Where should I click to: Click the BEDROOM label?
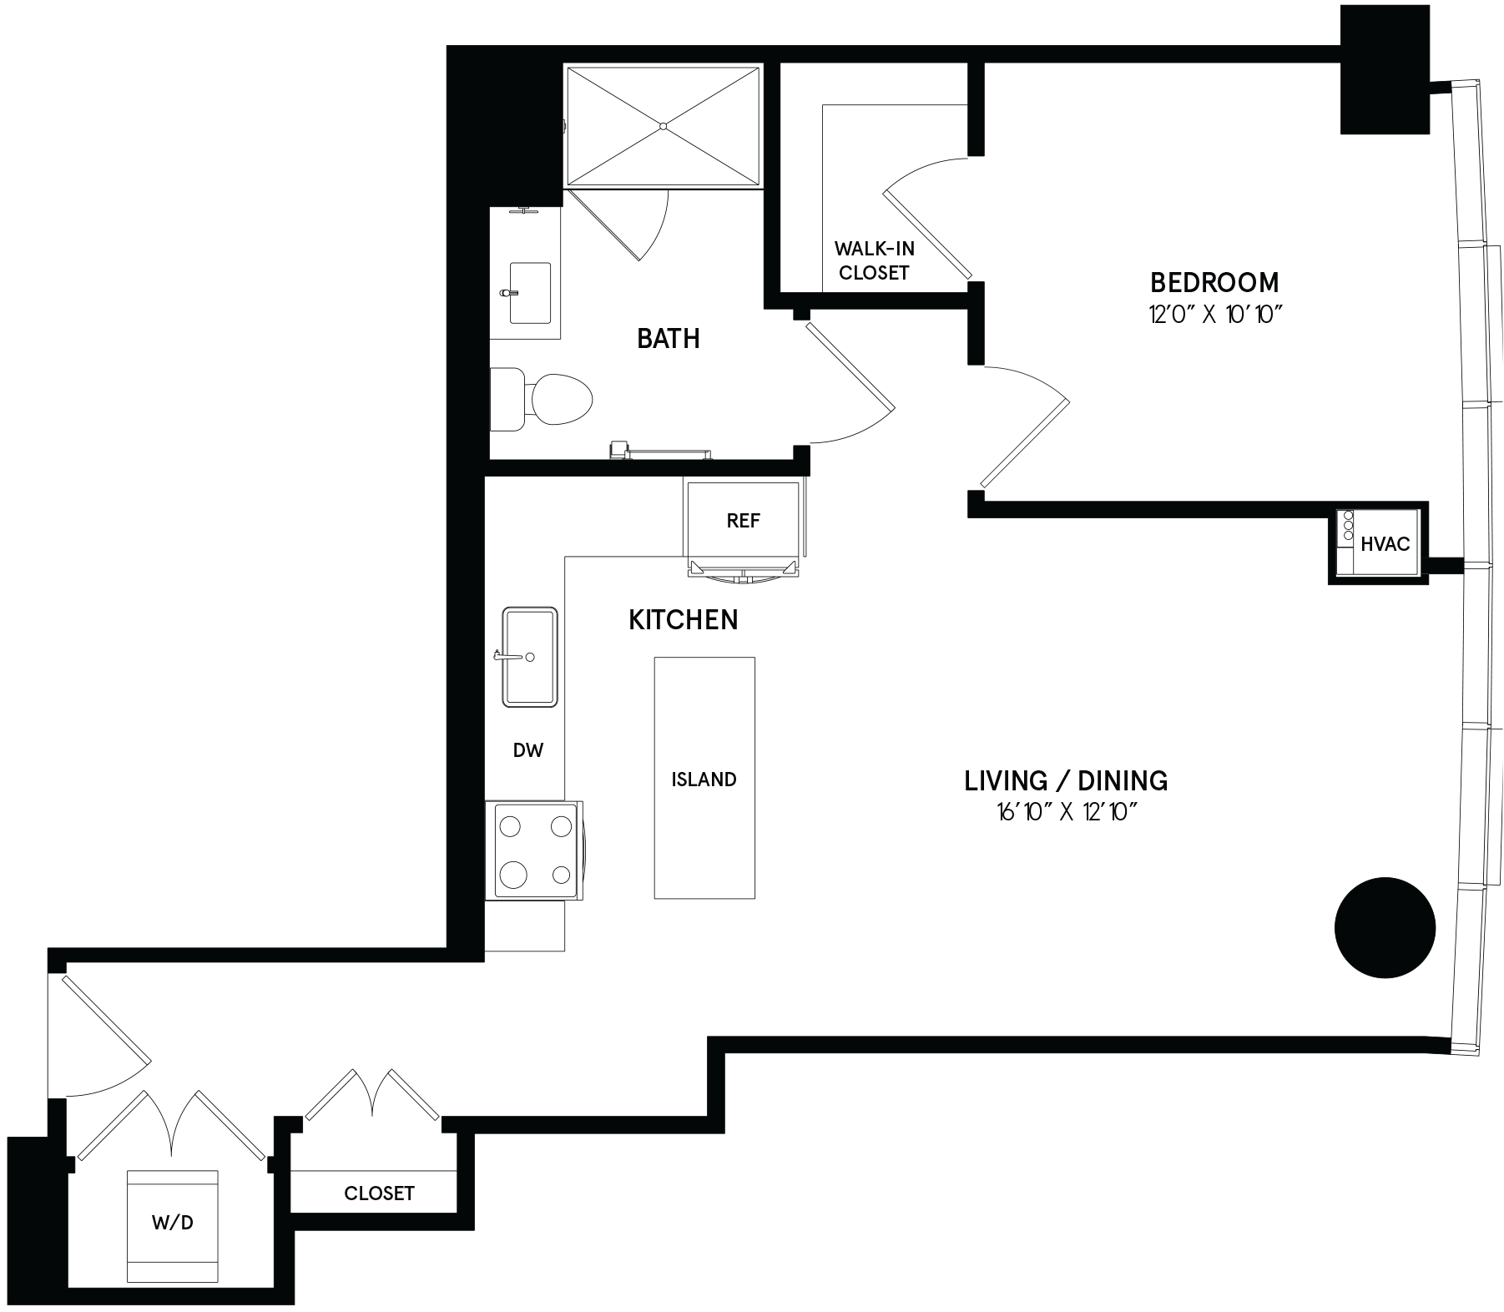tap(1214, 283)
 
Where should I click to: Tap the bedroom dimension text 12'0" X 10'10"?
tap(1214, 315)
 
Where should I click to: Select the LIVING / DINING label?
tap(1066, 781)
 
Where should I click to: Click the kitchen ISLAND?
tap(704, 778)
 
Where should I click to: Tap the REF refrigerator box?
tap(743, 521)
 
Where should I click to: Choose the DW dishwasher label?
tap(528, 750)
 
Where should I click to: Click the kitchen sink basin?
tap(530, 657)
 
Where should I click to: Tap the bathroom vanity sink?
tap(529, 293)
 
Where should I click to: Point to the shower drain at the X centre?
tap(664, 126)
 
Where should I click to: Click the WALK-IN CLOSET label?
tap(874, 260)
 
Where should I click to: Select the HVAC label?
tap(1385, 544)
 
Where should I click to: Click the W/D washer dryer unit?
tap(173, 1226)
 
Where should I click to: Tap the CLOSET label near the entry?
tap(379, 1193)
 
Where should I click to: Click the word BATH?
tap(668, 338)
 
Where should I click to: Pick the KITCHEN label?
tap(683, 620)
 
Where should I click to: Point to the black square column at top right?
tap(1385, 69)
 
